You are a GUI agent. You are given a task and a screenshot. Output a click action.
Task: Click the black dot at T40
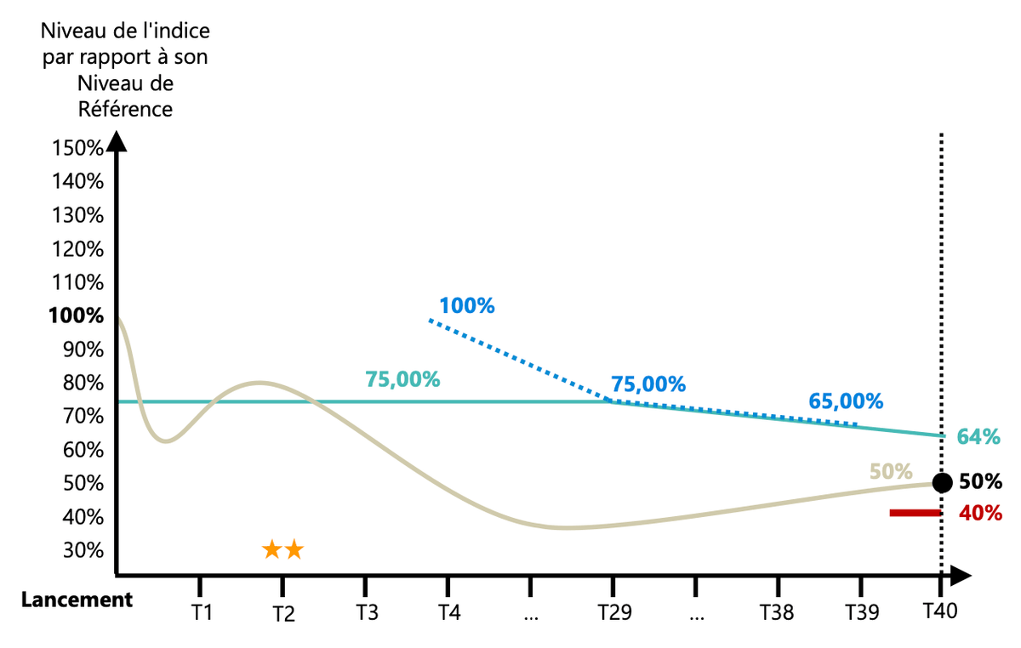[x=942, y=483]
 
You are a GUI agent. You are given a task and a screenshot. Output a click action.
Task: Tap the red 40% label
[x=980, y=514]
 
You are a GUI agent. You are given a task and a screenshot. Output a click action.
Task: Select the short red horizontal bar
[x=915, y=513]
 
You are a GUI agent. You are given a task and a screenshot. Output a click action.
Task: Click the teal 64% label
[x=978, y=437]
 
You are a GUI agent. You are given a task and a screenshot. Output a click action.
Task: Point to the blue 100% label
[x=467, y=305]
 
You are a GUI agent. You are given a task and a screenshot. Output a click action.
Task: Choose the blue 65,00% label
[x=845, y=401]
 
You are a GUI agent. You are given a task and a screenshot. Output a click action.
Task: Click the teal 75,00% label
[x=402, y=379]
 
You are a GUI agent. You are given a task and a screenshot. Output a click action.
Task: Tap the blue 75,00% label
[x=647, y=384]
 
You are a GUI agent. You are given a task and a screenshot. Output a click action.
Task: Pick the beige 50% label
[x=891, y=471]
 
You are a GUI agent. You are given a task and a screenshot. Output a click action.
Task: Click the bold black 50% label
[x=980, y=481]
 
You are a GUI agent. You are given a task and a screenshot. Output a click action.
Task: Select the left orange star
[x=272, y=549]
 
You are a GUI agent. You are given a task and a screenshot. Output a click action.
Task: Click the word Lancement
[x=77, y=600]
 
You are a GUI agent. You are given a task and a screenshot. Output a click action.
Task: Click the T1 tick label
[x=201, y=614]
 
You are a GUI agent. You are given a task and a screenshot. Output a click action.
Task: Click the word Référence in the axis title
[x=125, y=109]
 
